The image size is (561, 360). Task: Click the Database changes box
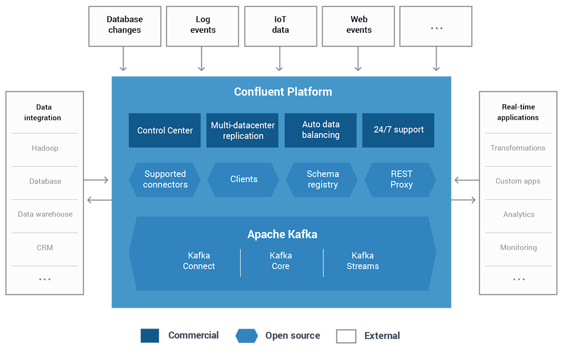[x=125, y=26]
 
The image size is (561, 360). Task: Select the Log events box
[x=202, y=26]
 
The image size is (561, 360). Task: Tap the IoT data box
[x=280, y=26]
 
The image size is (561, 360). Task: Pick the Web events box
[x=359, y=26]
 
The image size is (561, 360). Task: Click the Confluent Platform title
[x=283, y=92]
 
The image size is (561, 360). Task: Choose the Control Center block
[x=165, y=130]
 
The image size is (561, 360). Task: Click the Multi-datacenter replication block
[x=243, y=130]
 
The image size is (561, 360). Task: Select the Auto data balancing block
[x=321, y=130]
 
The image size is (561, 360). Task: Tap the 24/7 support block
[x=398, y=130]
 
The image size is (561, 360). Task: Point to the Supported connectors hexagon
[x=165, y=180]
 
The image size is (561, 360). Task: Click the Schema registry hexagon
[x=322, y=180]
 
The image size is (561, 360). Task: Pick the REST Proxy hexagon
[x=401, y=180]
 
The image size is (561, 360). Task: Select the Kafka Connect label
[x=199, y=261]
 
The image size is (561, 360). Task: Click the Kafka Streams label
[x=362, y=261]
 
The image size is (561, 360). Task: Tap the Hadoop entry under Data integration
[x=45, y=148]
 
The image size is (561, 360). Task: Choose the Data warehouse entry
[x=45, y=214]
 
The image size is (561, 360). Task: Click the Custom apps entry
[x=518, y=181]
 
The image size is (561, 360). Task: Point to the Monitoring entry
[x=518, y=247]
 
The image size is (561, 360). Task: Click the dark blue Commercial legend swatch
[x=150, y=336]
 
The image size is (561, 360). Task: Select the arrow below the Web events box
[x=358, y=59]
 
